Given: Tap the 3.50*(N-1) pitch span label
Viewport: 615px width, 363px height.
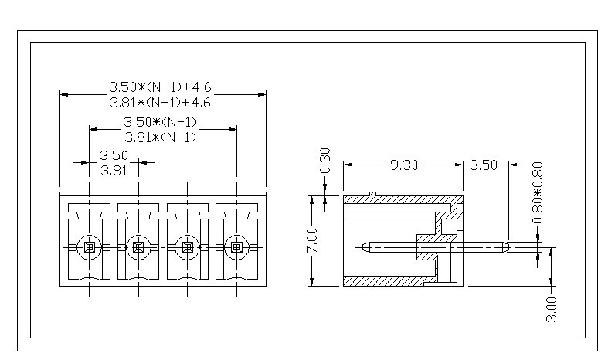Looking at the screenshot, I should (161, 123).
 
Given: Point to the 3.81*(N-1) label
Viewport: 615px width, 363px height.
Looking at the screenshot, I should (161, 137).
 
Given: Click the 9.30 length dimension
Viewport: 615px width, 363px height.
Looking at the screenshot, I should (405, 165).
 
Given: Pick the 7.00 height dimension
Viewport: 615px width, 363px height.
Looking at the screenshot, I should (312, 242).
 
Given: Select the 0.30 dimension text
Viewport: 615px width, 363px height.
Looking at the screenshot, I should (324, 161).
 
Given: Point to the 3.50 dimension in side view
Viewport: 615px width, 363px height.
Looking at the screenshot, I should (484, 165).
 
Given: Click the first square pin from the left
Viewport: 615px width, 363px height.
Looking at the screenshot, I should (89, 247).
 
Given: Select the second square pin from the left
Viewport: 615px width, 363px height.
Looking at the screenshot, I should (138, 247).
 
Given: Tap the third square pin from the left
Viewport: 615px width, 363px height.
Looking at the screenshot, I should (187, 247).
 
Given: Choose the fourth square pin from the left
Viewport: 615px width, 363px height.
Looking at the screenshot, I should (236, 247).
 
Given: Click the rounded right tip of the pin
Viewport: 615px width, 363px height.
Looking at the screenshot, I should (506, 247).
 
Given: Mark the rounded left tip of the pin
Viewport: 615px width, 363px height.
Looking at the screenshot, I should (365, 247).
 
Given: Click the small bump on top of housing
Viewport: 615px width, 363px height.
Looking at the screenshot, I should (372, 193).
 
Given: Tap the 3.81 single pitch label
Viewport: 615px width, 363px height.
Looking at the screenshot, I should (114, 171).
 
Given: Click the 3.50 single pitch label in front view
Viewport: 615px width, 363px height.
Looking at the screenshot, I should (114, 156).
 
